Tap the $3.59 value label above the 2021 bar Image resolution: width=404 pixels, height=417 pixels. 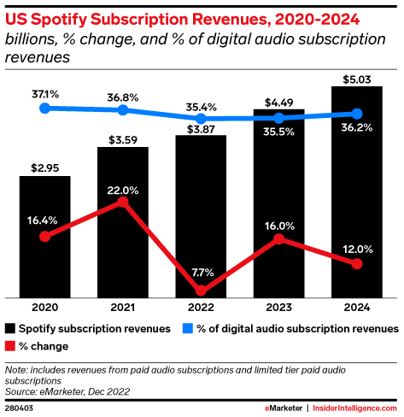pyautogui.click(x=123, y=138)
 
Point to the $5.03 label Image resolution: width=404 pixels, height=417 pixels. pyautogui.click(x=357, y=78)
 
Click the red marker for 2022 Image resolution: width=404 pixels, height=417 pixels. pyautogui.click(x=201, y=291)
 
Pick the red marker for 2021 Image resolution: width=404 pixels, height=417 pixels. pyautogui.click(x=123, y=202)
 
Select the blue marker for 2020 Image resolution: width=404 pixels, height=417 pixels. pyautogui.click(x=44, y=108)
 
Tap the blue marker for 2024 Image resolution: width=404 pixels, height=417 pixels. pyautogui.click(x=357, y=113)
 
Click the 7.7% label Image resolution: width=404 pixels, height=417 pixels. pyautogui.click(x=201, y=272)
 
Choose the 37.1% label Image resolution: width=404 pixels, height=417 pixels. pyautogui.click(x=44, y=91)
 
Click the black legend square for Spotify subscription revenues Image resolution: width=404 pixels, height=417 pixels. pyautogui.click(x=9, y=328)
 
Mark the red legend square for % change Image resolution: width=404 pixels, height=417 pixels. pyautogui.click(x=9, y=346)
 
